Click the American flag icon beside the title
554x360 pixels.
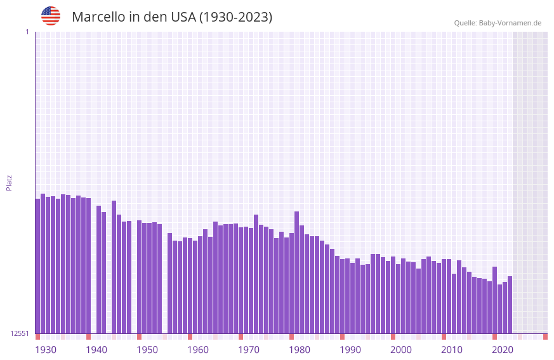tap(51, 16)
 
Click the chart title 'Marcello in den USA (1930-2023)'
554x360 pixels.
tap(172, 17)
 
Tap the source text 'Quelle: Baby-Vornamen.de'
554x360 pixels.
tap(498, 23)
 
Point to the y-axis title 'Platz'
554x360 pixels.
tap(9, 182)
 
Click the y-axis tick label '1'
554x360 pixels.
tap(27, 32)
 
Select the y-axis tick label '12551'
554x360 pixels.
tap(20, 333)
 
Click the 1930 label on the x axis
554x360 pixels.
tap(46, 350)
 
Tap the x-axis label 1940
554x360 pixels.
tap(96, 350)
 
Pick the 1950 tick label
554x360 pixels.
tap(147, 350)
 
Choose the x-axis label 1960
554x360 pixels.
tap(198, 350)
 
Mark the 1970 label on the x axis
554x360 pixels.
tap(249, 350)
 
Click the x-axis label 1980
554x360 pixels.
tap(300, 350)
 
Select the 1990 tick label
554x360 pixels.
tap(350, 350)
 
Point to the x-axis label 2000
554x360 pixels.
tap(401, 350)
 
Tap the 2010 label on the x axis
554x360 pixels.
tap(452, 350)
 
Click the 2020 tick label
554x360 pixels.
tap(503, 350)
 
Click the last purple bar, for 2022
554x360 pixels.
tap(510, 305)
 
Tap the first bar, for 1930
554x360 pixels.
tap(37, 267)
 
